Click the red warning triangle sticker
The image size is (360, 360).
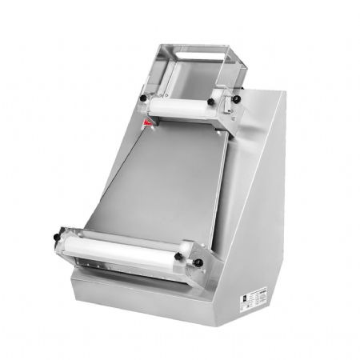[147, 123]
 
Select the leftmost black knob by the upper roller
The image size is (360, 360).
[143, 98]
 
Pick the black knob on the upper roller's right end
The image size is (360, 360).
[226, 103]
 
